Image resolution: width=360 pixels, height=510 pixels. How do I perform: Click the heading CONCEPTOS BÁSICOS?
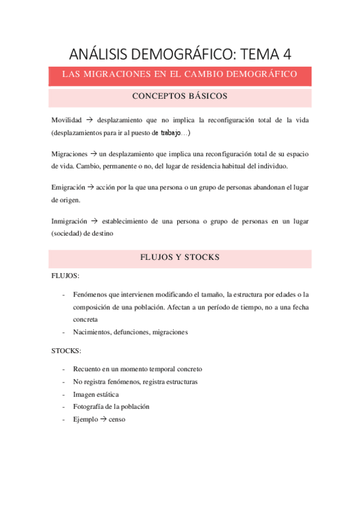(x=179, y=96)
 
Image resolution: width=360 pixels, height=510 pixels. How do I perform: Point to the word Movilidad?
(x=67, y=120)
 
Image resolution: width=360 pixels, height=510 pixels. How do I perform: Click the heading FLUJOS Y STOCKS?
(x=179, y=257)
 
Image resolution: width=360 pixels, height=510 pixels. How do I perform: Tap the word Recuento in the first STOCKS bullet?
(x=88, y=369)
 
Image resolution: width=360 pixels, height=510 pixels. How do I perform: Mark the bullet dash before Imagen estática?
(x=64, y=395)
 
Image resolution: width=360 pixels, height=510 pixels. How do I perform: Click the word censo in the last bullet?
(x=117, y=419)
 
